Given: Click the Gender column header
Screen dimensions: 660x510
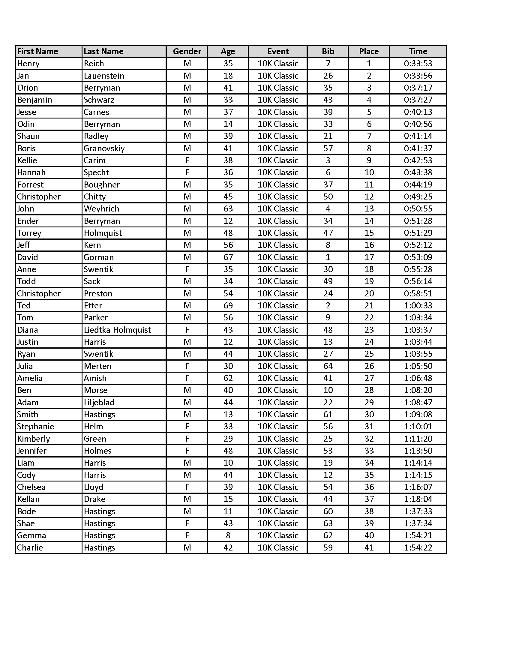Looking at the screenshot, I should click(x=187, y=51).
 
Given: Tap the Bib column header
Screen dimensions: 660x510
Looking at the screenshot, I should click(x=328, y=51).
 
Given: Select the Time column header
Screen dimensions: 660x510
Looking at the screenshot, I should click(x=418, y=51).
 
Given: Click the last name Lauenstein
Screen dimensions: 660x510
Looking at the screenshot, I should click(x=104, y=76).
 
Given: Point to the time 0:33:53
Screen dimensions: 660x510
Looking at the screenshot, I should click(x=418, y=64).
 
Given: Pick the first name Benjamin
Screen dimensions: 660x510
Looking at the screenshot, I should click(x=34, y=100).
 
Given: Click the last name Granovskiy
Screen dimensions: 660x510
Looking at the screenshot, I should click(x=104, y=148).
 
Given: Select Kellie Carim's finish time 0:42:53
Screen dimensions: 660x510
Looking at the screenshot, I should click(x=418, y=160).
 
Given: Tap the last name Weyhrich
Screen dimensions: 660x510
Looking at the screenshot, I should click(x=101, y=208).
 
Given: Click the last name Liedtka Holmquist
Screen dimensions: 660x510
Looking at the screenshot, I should click(x=117, y=330).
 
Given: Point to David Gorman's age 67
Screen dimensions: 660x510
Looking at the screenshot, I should click(x=228, y=257).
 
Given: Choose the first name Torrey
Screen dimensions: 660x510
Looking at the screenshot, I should click(x=29, y=233).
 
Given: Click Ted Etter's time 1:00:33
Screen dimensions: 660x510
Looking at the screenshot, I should click(x=418, y=305).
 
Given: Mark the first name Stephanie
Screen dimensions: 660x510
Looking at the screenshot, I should click(x=36, y=426).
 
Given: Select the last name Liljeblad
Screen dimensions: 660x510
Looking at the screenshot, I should click(x=99, y=402).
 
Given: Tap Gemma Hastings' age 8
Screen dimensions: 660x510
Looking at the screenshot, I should click(x=228, y=535).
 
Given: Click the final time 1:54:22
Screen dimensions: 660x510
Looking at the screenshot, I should click(x=418, y=547).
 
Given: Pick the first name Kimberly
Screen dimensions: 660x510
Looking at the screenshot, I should click(x=34, y=439).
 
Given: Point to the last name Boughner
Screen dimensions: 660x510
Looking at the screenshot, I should click(x=101, y=184).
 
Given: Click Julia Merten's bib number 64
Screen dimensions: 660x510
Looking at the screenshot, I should click(x=328, y=366).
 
